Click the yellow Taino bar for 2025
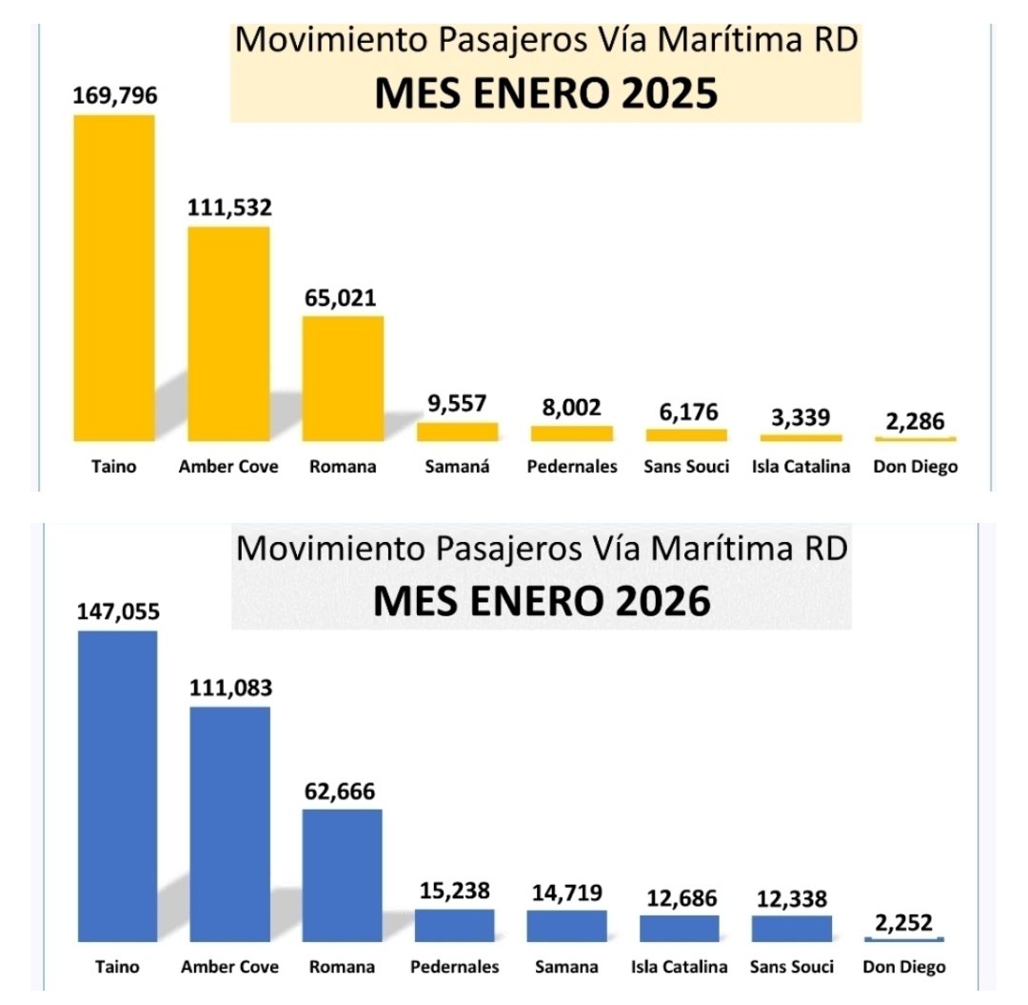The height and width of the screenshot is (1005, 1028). tap(114, 277)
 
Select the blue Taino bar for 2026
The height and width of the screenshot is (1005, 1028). tap(117, 786)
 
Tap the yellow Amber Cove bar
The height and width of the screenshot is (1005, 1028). tap(228, 333)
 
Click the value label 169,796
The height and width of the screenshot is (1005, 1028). tap(114, 95)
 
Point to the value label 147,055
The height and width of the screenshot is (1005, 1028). tap(118, 611)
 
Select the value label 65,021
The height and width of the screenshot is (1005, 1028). tap(342, 297)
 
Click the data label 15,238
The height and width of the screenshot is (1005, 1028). tap(454, 891)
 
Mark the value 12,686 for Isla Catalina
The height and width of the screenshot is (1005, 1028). tap(679, 897)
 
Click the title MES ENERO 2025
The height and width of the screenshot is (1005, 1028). tap(545, 95)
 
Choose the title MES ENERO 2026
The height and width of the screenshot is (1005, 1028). tap(542, 601)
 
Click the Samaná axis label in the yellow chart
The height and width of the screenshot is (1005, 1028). tap(458, 467)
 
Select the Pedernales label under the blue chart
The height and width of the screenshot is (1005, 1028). tap(454, 966)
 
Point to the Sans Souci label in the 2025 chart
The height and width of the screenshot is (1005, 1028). tap(686, 467)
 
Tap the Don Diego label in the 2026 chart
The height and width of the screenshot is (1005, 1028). tap(904, 966)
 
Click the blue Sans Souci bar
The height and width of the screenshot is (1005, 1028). tap(791, 929)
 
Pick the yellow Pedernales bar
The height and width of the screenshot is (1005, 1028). tap(571, 433)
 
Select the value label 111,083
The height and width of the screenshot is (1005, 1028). tap(229, 687)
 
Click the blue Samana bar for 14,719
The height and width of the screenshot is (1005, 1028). tap(566, 926)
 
